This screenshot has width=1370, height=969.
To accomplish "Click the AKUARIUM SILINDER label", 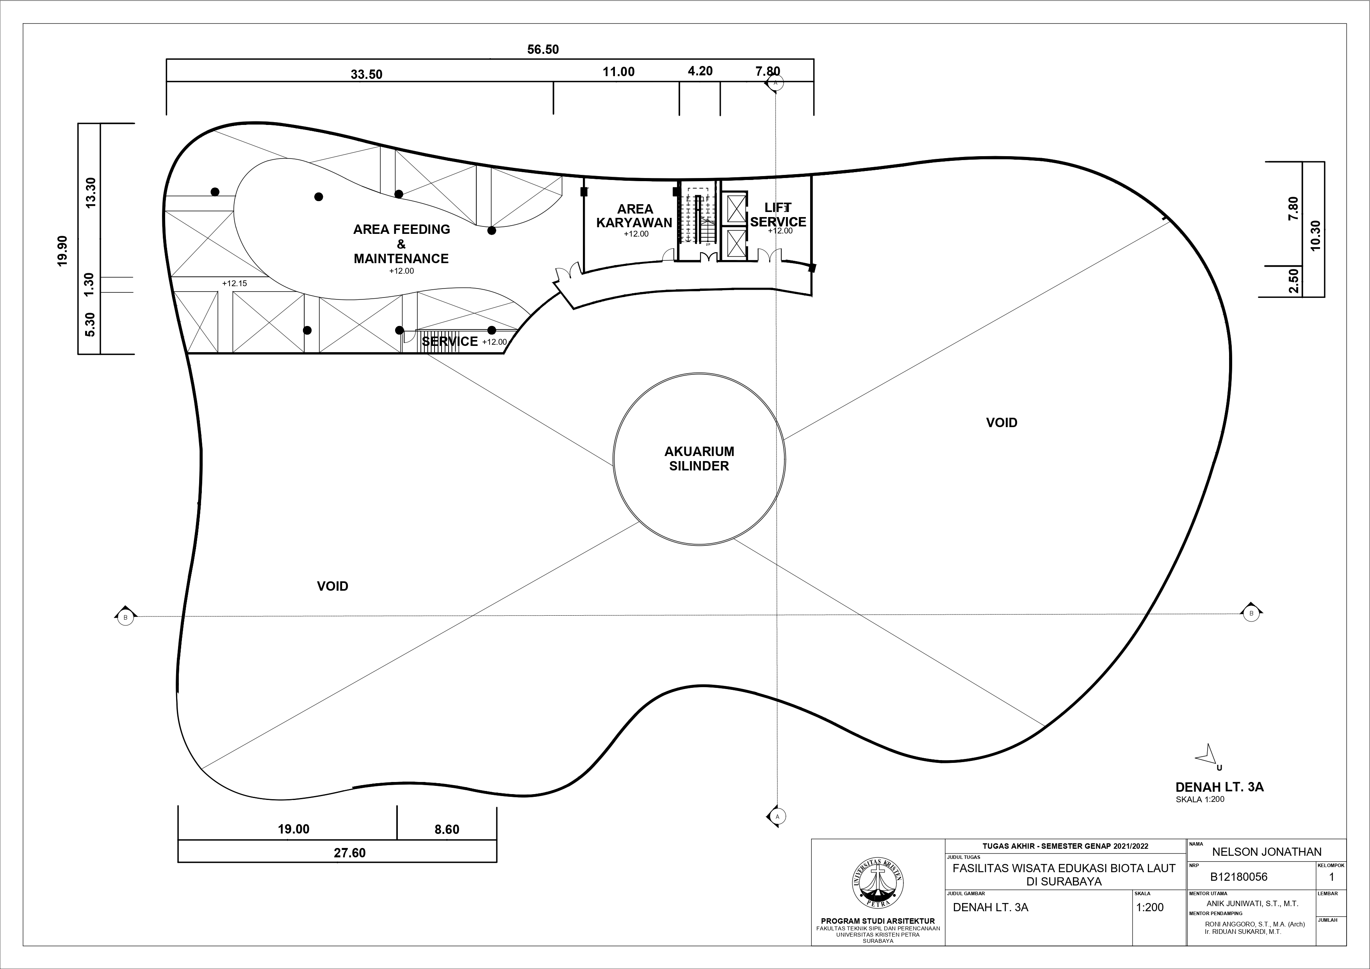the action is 699,459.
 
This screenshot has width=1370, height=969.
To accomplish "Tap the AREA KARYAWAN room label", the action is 634,216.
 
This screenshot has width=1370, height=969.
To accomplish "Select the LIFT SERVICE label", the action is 778,215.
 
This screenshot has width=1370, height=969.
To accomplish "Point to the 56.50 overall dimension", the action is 543,50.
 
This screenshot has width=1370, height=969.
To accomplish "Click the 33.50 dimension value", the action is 366,75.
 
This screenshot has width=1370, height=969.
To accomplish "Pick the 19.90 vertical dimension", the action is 62,251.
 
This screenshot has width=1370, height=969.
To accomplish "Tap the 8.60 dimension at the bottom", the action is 447,829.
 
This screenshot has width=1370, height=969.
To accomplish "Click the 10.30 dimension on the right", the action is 1316,236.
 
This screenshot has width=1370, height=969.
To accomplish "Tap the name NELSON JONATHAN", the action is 1267,852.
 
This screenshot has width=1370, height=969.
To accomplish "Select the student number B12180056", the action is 1239,877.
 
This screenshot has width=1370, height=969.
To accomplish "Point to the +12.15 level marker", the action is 235,283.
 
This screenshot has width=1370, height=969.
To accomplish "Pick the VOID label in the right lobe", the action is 1001,422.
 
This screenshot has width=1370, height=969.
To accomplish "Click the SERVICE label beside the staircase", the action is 450,341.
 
